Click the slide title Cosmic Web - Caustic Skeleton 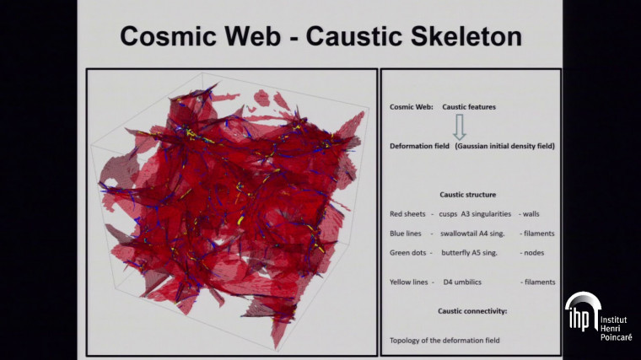point(320,36)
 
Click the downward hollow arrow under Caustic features point(459,126)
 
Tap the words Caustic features point(469,108)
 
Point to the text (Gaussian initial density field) point(504,146)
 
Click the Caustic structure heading point(467,194)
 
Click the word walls point(532,214)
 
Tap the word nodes point(533,253)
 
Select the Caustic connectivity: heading point(471,311)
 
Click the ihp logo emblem point(581,313)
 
